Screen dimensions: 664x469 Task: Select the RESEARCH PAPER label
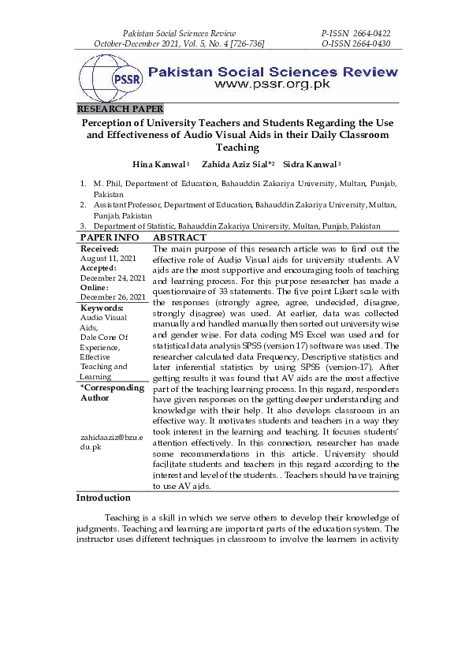[120, 109]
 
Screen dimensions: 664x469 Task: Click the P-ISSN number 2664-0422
[367, 34]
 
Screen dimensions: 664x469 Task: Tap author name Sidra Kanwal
[309, 163]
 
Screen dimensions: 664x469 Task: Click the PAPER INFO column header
[110, 237]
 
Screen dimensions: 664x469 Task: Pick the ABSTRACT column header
[180, 237]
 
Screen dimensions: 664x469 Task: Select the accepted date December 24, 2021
[113, 278]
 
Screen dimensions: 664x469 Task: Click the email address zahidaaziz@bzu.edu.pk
[110, 442]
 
